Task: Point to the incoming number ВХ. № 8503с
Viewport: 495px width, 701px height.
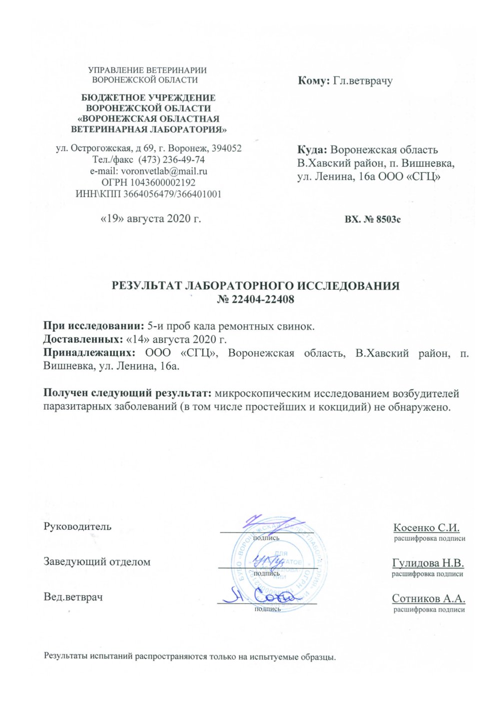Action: point(372,219)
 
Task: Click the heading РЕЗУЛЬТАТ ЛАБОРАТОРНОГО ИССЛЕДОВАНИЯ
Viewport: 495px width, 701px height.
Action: point(255,286)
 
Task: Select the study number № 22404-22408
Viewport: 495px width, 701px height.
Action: point(255,300)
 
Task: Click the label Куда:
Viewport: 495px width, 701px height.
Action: point(313,149)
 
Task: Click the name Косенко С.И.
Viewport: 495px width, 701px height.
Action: point(426,528)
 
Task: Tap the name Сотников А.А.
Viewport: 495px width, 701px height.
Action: point(429,599)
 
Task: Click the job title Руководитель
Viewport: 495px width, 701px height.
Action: point(77,526)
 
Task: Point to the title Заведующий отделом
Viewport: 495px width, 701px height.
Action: point(97,562)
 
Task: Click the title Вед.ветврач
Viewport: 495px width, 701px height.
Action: point(73,597)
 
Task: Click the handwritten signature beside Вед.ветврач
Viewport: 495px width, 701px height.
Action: point(259,595)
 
